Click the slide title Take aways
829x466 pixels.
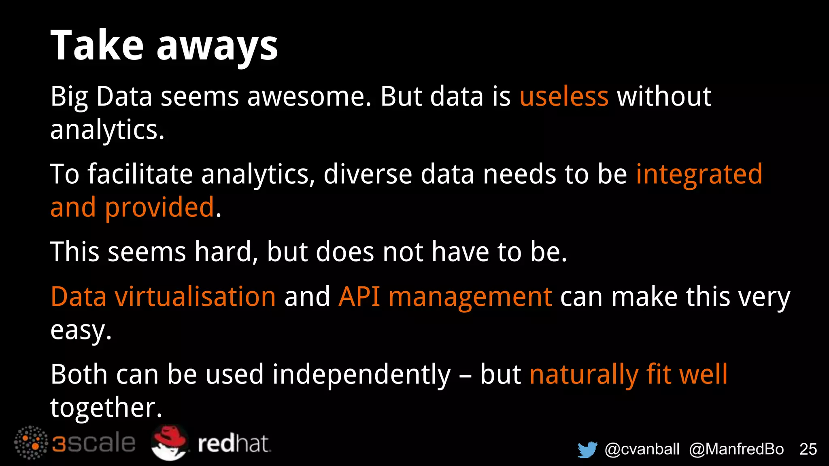(164, 46)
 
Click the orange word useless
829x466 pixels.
(564, 97)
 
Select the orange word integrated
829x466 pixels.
(699, 175)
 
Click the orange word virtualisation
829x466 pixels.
(196, 297)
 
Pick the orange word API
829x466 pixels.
(359, 297)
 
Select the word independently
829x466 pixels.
(361, 375)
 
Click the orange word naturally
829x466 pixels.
(583, 375)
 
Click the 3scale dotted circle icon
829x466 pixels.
(31, 443)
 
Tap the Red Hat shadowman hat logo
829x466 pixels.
(170, 443)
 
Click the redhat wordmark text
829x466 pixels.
(234, 444)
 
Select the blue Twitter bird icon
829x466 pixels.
(587, 449)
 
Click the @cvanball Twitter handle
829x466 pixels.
(642, 449)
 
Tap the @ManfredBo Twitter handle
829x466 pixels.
(736, 449)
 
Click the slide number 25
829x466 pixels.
(808, 449)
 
